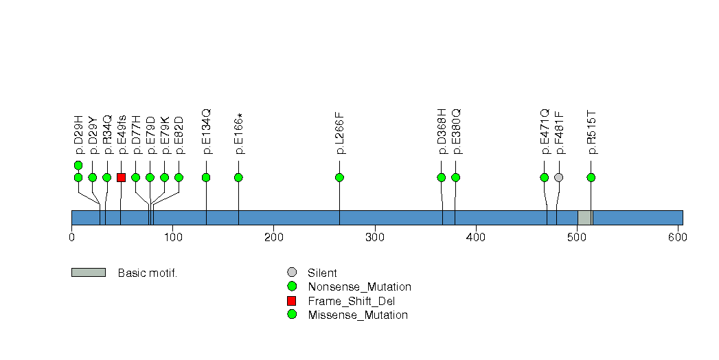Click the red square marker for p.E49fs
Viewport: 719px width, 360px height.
121,177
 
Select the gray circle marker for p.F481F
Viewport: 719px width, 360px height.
558,177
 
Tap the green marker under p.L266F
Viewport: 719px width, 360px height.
339,177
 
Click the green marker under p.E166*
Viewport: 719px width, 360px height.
238,177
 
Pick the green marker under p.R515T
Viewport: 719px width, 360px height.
591,177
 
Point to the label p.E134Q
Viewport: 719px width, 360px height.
206,131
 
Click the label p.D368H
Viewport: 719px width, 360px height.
442,131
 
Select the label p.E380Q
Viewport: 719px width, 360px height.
456,131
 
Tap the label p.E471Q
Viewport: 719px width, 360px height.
545,131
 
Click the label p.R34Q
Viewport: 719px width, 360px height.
107,135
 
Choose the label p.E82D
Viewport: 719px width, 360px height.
179,135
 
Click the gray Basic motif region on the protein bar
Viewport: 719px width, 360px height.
585,218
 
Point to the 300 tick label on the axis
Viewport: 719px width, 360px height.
375,237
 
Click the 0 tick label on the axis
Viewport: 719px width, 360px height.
71,237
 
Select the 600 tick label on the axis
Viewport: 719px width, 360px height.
678,237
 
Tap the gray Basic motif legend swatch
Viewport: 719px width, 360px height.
89,273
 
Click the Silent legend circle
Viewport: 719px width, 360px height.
292,273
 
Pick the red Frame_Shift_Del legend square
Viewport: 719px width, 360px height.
292,301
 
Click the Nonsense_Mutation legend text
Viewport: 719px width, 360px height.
360,287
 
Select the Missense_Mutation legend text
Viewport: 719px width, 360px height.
358,315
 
